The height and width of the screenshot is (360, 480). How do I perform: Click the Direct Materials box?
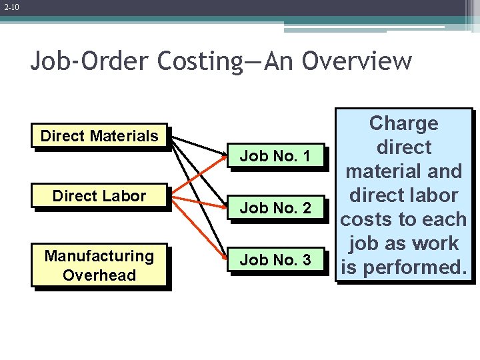99,137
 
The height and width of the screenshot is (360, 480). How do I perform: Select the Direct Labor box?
99,196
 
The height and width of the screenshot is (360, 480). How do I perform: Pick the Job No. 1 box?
275,157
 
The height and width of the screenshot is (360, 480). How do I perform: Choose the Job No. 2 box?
275,208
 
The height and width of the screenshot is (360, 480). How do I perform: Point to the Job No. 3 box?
275,260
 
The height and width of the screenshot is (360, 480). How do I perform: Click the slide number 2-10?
11,8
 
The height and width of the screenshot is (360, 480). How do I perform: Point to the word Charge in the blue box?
403,123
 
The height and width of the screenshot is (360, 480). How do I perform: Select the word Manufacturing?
99,256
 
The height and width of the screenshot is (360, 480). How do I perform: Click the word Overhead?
99,275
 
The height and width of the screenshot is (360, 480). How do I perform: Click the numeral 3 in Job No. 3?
307,260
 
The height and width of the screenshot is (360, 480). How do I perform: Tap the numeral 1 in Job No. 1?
307,157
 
